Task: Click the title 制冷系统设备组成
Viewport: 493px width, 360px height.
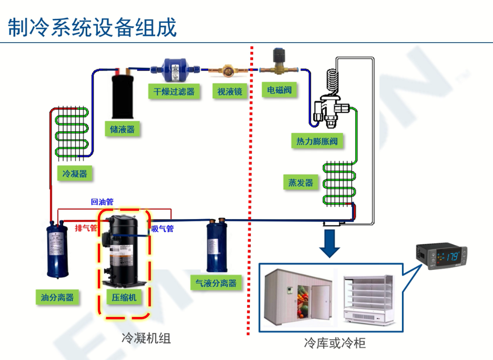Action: [92, 27]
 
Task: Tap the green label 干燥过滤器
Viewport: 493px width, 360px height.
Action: [174, 92]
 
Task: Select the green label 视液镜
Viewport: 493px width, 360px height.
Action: [230, 92]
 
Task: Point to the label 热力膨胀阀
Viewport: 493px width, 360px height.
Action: [317, 142]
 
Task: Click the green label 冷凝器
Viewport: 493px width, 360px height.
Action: [75, 174]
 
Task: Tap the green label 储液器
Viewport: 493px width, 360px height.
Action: [122, 129]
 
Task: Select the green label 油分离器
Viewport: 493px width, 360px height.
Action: [57, 297]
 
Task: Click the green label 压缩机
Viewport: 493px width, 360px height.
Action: [124, 297]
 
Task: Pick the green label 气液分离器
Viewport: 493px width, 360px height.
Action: [216, 283]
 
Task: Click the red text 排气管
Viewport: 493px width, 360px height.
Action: [86, 228]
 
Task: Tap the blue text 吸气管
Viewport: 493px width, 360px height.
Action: [162, 229]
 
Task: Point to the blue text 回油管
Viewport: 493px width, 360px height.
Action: [102, 202]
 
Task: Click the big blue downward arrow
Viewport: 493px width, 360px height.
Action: [331, 243]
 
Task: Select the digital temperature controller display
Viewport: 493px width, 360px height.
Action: [441, 257]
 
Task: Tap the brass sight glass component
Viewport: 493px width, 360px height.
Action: [227, 70]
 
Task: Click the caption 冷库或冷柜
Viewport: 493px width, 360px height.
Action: [335, 343]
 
